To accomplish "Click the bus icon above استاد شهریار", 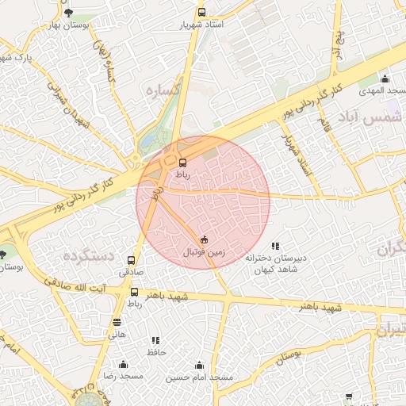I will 201,13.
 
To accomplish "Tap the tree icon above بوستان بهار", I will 68,13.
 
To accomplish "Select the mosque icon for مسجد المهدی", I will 385,79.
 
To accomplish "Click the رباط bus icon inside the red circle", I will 183,163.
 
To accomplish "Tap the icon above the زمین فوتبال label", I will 204,239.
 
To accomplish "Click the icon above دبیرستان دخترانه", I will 275,247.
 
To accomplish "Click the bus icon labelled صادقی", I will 131,259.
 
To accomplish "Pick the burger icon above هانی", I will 117,322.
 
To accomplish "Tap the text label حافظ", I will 155,350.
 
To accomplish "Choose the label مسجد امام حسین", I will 198,377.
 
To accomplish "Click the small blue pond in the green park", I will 147,143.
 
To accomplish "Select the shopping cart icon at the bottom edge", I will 350,396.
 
